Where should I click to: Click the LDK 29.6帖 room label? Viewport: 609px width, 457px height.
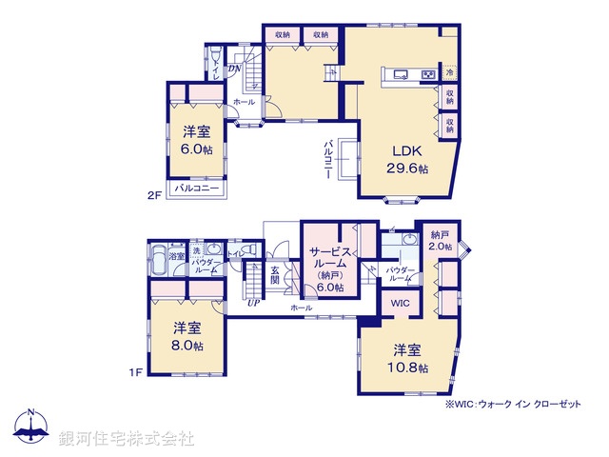tap(406, 159)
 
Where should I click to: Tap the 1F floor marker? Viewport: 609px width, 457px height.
tap(135, 371)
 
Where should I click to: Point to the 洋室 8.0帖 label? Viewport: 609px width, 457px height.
tap(187, 336)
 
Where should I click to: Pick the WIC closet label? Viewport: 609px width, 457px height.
tap(400, 304)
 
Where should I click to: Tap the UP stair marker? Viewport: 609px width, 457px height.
tap(253, 304)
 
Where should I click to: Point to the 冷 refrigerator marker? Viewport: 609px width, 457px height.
tap(447, 73)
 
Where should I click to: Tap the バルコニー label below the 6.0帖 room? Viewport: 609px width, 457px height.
tap(197, 189)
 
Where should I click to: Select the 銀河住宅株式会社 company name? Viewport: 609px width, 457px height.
tap(121, 439)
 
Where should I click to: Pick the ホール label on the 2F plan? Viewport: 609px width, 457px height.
tap(244, 101)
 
